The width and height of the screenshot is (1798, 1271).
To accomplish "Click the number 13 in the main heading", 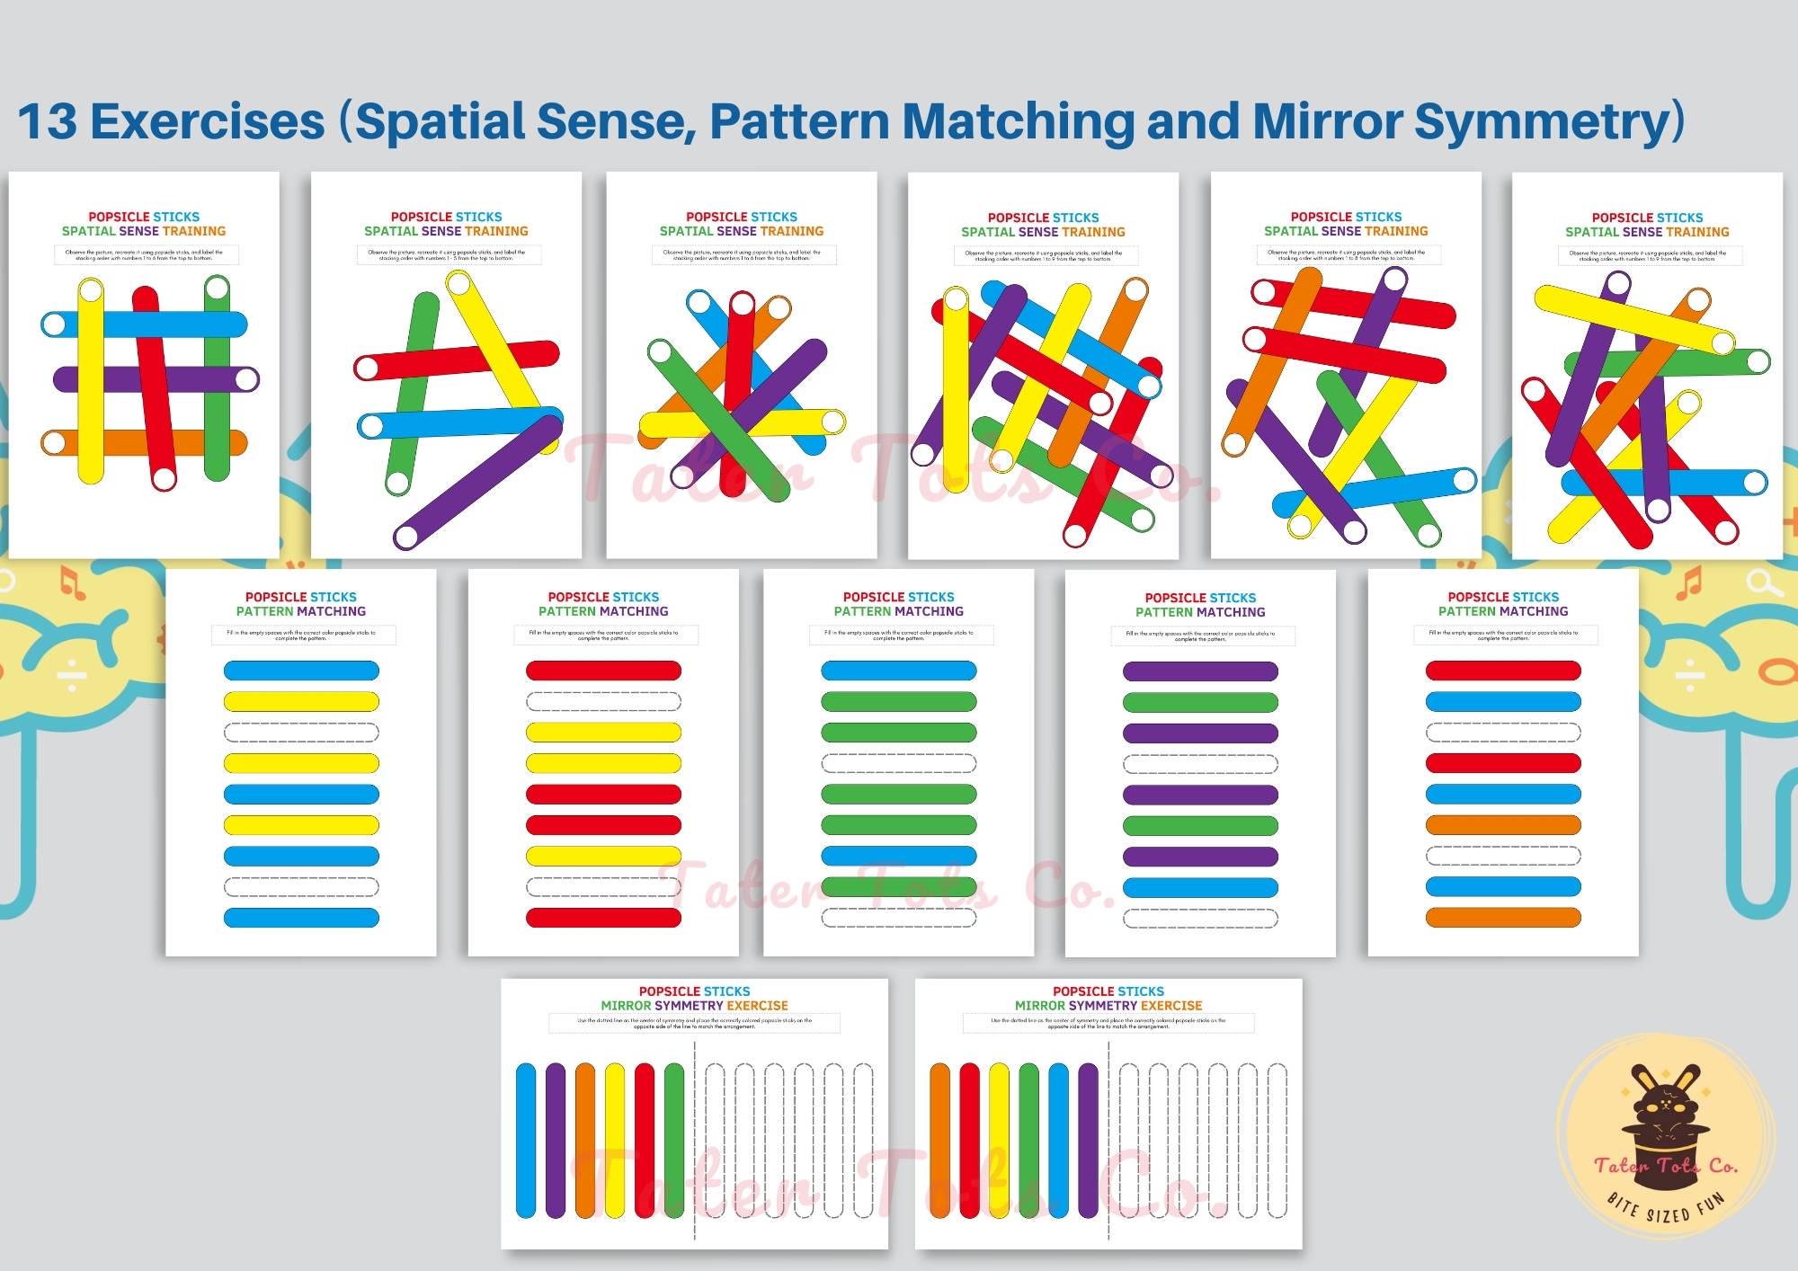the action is [x=48, y=121].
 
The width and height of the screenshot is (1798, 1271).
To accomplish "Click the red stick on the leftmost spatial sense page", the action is [x=154, y=387].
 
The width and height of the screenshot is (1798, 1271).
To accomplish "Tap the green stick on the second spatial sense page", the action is [x=412, y=396].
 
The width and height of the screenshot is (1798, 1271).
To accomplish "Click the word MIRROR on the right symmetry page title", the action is [x=1040, y=1006].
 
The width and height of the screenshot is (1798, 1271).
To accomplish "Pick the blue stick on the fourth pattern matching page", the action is [x=1200, y=888].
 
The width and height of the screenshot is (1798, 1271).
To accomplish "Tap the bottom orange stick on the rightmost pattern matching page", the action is [x=1503, y=918].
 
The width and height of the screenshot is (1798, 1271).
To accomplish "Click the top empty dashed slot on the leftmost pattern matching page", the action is [x=301, y=733].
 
